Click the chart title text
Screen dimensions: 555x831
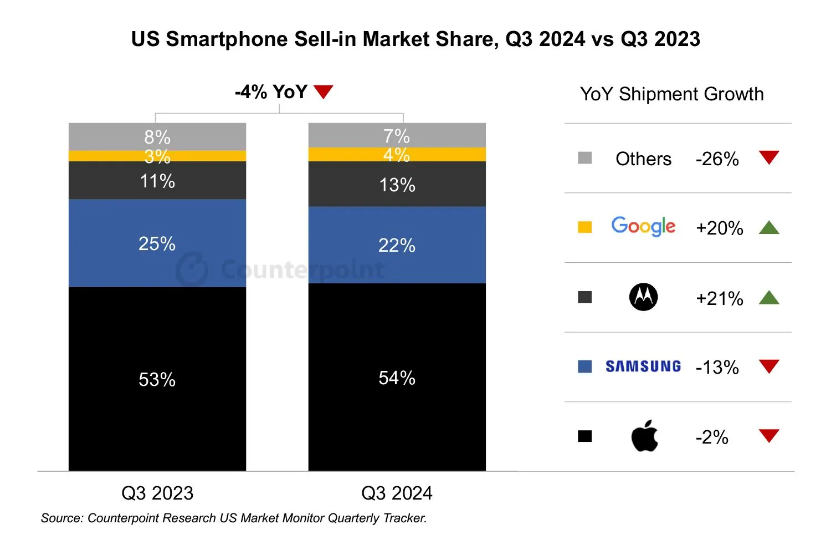coord(416,39)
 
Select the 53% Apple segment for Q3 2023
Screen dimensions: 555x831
coord(157,379)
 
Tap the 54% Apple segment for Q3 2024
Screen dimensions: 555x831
coord(397,377)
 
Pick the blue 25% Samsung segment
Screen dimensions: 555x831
coord(157,243)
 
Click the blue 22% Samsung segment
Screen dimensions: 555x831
coord(397,245)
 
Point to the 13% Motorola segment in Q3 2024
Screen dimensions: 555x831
coord(397,184)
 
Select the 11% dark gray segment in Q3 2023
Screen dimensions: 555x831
coord(157,180)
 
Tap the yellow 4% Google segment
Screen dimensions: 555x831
coord(397,154)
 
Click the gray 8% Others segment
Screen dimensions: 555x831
coord(157,136)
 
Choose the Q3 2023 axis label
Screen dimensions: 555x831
coord(157,493)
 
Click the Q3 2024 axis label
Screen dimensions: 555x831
coord(397,493)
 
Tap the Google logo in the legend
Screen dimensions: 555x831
coord(643,226)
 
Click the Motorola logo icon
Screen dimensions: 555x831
coord(643,297)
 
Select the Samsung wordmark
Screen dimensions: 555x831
coord(643,366)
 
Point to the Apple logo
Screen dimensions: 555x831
coord(644,436)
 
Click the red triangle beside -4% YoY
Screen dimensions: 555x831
coord(323,91)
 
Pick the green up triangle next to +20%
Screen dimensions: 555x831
coord(769,227)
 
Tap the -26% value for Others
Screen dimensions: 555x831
coord(717,159)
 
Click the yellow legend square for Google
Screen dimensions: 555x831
coord(584,227)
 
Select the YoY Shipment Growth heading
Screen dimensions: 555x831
coord(671,94)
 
